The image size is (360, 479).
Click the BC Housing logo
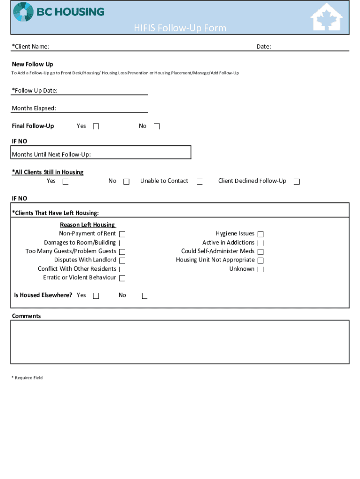coord(58,12)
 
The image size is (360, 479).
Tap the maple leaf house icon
coord(327,17)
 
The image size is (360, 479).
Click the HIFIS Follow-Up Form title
coord(180,28)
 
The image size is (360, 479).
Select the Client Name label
coord(31,46)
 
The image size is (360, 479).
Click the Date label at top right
coord(264,46)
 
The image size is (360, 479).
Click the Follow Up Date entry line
coord(102,91)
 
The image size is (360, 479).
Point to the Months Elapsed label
coord(34,108)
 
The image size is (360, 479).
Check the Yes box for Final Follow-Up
coord(96,126)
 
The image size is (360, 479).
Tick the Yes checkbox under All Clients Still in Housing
coord(65,181)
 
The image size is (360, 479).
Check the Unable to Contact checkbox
coord(200,181)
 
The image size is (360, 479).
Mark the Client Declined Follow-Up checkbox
coord(296,181)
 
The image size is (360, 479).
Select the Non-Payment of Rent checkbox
coord(122,234)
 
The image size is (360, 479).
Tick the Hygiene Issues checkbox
coord(260,234)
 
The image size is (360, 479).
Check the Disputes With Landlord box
coord(122,260)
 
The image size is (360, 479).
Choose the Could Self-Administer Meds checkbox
coord(260,252)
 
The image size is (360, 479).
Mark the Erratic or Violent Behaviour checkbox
coord(122,278)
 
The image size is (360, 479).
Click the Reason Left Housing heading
coord(87,225)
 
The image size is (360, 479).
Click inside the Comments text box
coord(180,342)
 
